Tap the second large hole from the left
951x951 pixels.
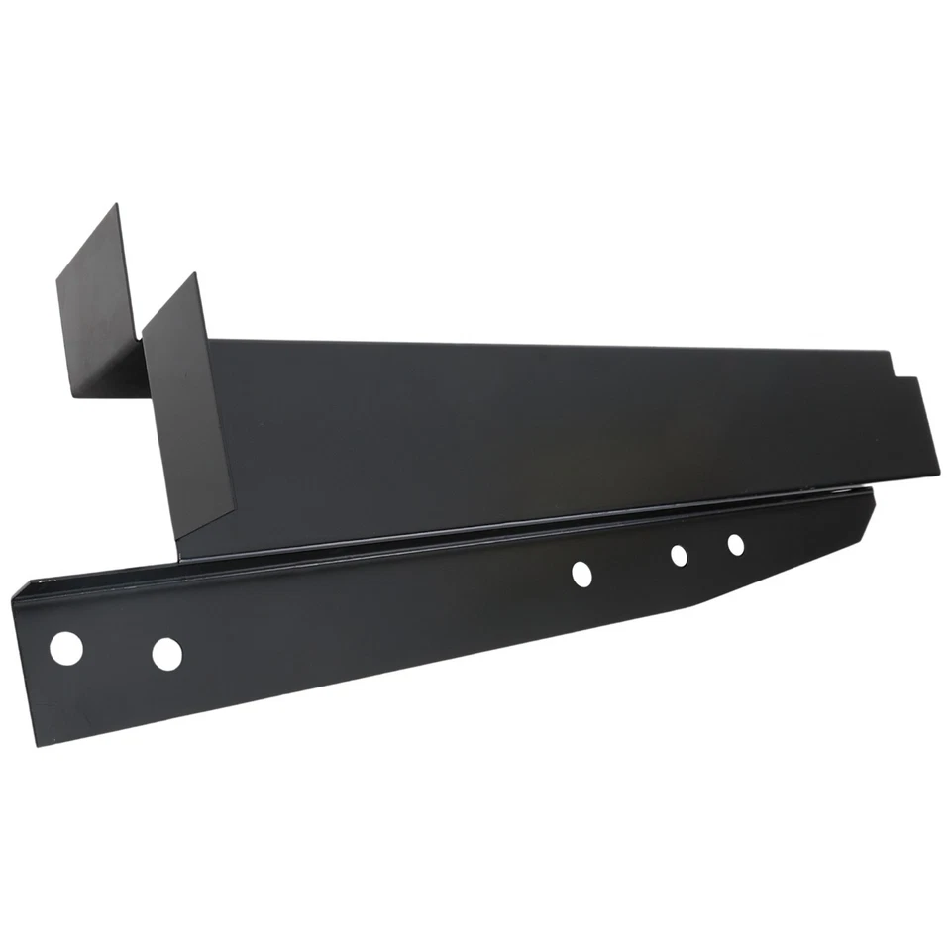click(167, 653)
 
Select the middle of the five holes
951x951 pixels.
click(581, 572)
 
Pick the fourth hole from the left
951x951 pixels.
click(679, 556)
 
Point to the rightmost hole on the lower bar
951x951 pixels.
click(735, 544)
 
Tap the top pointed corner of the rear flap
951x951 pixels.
click(117, 204)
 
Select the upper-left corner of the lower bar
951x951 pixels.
click(16, 586)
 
